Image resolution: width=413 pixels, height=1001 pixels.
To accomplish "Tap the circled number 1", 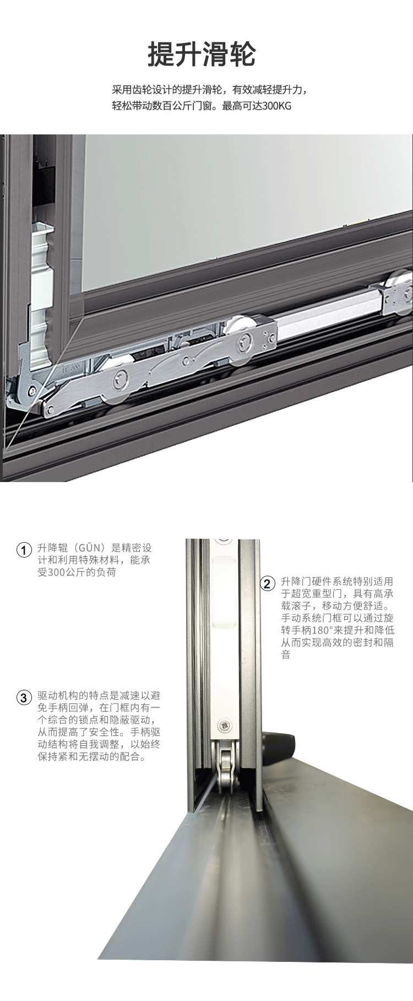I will pyautogui.click(x=23, y=550).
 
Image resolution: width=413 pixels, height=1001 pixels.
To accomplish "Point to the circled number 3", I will pyautogui.click(x=23, y=698).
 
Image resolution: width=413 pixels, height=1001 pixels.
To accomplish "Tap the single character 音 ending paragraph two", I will pyautogui.click(x=286, y=656).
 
